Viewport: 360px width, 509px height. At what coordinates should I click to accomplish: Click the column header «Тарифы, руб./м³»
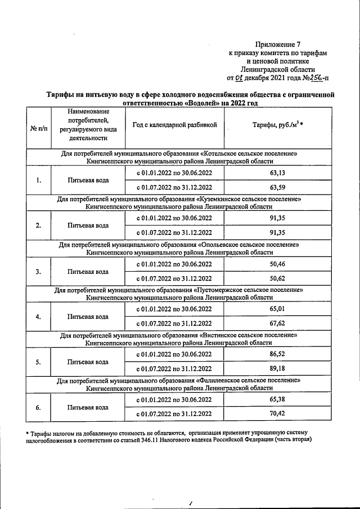pyautogui.click(x=278, y=125)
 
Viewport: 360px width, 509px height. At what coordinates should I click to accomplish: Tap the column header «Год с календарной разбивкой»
pyautogui.click(x=174, y=125)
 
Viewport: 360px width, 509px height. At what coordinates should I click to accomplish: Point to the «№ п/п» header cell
pyautogui.click(x=38, y=129)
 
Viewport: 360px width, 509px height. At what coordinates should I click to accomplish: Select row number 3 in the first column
pyautogui.click(x=38, y=272)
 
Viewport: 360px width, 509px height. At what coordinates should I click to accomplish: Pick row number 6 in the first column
pyautogui.click(x=38, y=407)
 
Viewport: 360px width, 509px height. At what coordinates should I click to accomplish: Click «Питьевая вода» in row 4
pyautogui.click(x=88, y=317)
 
